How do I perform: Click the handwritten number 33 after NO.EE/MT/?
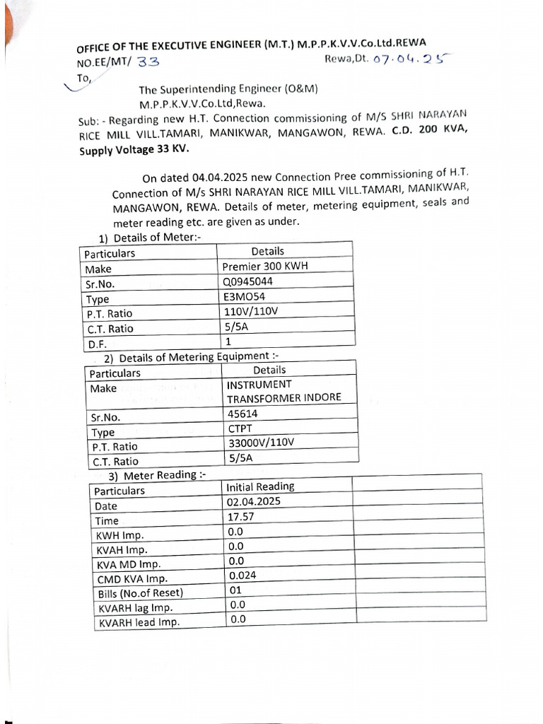[x=148, y=62]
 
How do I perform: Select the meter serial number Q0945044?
[x=247, y=281]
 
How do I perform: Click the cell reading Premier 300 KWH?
[x=265, y=267]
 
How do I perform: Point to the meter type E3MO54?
[x=243, y=297]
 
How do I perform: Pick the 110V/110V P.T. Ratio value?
[x=251, y=312]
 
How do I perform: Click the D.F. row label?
[x=95, y=344]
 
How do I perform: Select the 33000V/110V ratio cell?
[x=261, y=444]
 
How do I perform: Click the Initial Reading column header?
[x=260, y=487]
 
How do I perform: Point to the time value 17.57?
[x=240, y=517]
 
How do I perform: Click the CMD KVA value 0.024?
[x=243, y=576]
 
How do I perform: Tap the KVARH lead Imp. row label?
[x=139, y=623]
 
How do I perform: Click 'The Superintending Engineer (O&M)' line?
[x=228, y=90]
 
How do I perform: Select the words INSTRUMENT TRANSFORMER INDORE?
[x=284, y=391]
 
